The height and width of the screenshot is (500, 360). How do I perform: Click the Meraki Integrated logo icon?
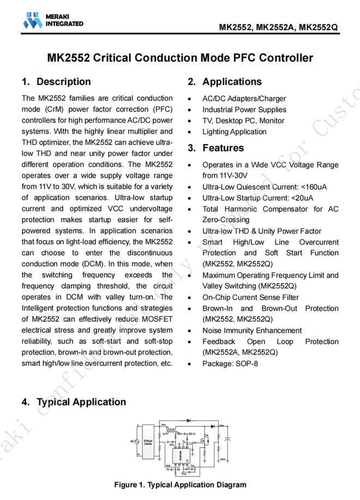pyautogui.click(x=32, y=20)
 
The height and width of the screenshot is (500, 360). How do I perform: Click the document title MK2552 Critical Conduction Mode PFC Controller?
pyautogui.click(x=180, y=58)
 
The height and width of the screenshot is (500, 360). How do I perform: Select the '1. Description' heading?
pyautogui.click(x=56, y=82)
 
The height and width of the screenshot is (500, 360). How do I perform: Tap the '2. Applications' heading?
pyautogui.click(x=224, y=82)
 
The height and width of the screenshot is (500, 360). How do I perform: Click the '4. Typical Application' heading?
pyautogui.click(x=74, y=402)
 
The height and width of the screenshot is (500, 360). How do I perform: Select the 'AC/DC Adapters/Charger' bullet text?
pyautogui.click(x=244, y=99)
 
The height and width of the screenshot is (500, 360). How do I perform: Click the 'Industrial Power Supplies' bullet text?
pyautogui.click(x=244, y=110)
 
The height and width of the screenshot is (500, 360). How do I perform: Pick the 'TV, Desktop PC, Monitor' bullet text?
pyautogui.click(x=243, y=121)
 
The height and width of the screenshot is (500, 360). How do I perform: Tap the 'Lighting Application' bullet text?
pyautogui.click(x=235, y=131)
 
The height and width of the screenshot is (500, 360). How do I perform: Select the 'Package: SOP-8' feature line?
pyautogui.click(x=230, y=363)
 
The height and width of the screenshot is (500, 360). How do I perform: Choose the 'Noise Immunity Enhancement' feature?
pyautogui.click(x=252, y=330)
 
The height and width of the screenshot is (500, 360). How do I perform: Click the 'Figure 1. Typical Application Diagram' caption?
pyautogui.click(x=180, y=484)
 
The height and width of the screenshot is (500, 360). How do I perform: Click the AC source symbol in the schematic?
pyautogui.click(x=133, y=441)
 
